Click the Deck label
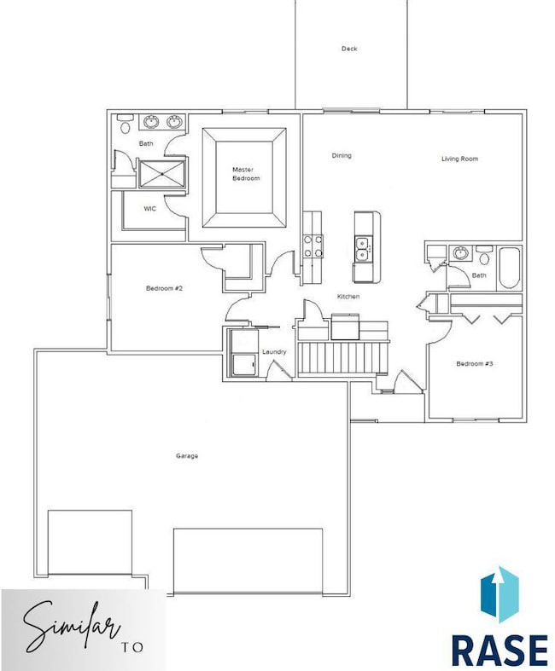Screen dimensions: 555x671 coord(349,49)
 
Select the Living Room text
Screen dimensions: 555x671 coord(459,159)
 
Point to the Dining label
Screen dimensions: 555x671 coord(342,155)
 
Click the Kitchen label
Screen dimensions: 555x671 coord(348,296)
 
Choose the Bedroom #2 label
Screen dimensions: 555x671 coord(164,288)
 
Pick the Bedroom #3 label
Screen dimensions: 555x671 coord(475,364)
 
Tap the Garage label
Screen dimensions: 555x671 coord(187,456)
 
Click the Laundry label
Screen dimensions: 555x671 coord(274,352)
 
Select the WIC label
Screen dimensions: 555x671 coord(149,209)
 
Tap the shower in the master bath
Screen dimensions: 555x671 coord(162,173)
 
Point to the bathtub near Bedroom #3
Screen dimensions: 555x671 coord(509,269)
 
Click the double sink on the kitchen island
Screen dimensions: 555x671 coord(363,249)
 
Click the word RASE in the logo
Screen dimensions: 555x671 coord(499,650)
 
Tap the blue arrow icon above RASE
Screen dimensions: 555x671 coord(499,593)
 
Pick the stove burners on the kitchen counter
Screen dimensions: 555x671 coord(313,246)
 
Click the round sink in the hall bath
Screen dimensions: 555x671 coord(460,253)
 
